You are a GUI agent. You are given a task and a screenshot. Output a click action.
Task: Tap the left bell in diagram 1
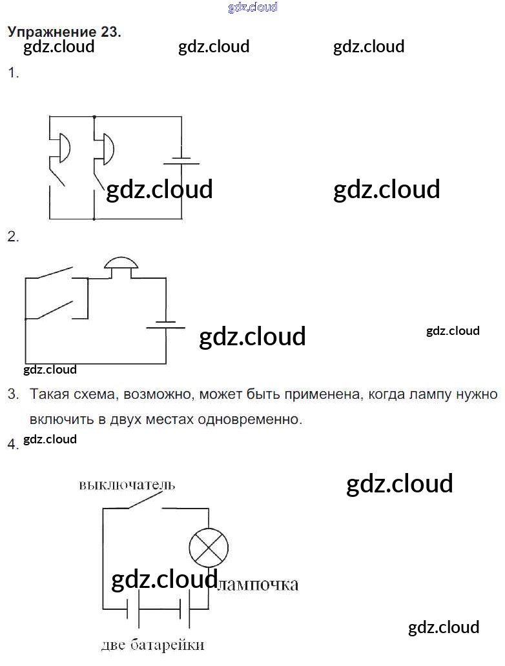[x=63, y=148]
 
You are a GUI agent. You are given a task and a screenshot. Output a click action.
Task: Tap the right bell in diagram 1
[x=107, y=149]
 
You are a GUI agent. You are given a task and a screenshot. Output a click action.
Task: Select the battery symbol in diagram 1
[x=181, y=159]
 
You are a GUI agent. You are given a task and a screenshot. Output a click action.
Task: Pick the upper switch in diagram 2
[x=56, y=272]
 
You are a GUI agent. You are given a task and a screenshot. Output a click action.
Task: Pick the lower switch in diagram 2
[x=56, y=310]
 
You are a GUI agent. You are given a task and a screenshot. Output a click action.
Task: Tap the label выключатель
[x=127, y=485]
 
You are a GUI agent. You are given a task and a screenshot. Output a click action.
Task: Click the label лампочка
[x=258, y=585]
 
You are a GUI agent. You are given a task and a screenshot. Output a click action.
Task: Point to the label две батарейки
[x=153, y=645]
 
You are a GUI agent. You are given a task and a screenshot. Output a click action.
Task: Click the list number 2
[x=12, y=237]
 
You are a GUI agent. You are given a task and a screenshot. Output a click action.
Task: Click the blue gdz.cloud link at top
[x=252, y=8]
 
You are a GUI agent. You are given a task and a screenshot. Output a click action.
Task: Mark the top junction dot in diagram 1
[x=94, y=117]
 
